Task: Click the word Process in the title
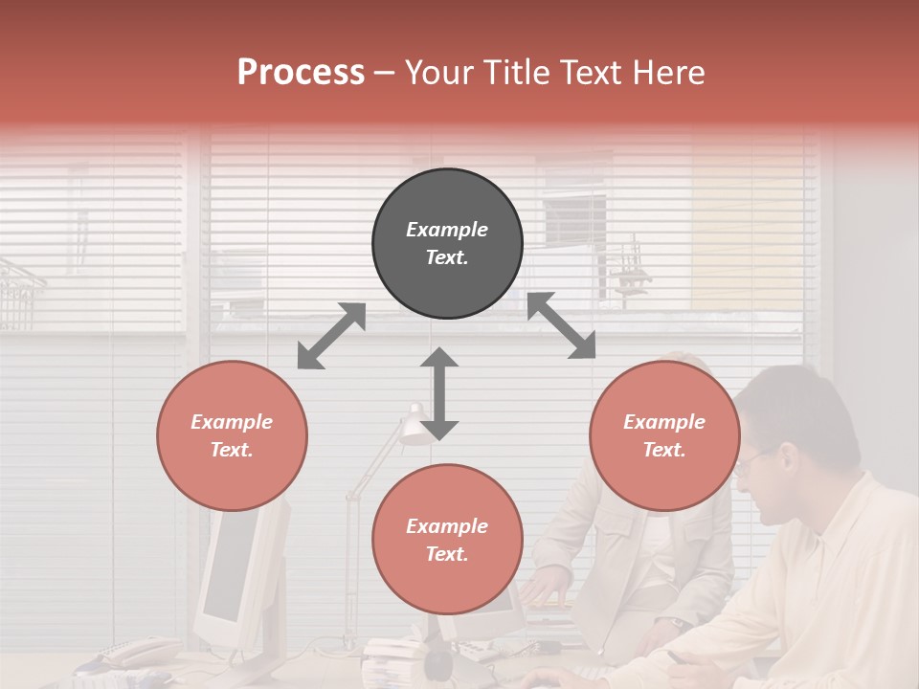[x=301, y=72]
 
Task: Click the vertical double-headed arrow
[x=439, y=393]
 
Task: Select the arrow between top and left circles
[x=331, y=335]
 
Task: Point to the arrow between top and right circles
[x=561, y=325]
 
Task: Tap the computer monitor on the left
[x=230, y=565]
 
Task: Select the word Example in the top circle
[x=446, y=230]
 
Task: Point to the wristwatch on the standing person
[x=677, y=623]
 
